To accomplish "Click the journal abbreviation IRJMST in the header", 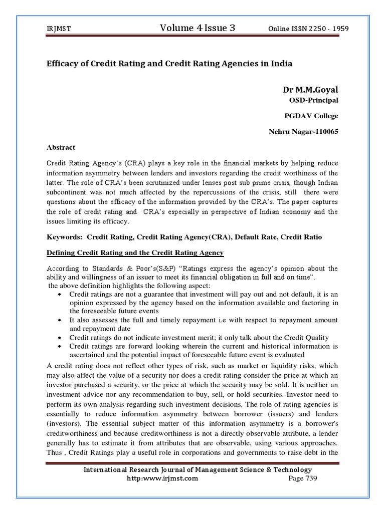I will [x=57, y=30].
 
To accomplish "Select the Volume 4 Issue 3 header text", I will [x=197, y=29].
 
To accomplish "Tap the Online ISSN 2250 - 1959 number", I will [x=308, y=29].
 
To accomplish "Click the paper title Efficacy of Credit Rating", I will [x=169, y=64].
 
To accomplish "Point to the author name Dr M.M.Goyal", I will [x=310, y=90].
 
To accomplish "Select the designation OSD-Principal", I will [x=313, y=101].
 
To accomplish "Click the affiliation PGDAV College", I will [x=311, y=116].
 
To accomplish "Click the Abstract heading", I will [x=61, y=147].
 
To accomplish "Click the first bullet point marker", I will [x=60, y=295].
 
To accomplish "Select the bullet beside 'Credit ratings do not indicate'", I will [x=60, y=338].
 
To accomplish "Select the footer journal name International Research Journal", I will [x=198, y=470].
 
